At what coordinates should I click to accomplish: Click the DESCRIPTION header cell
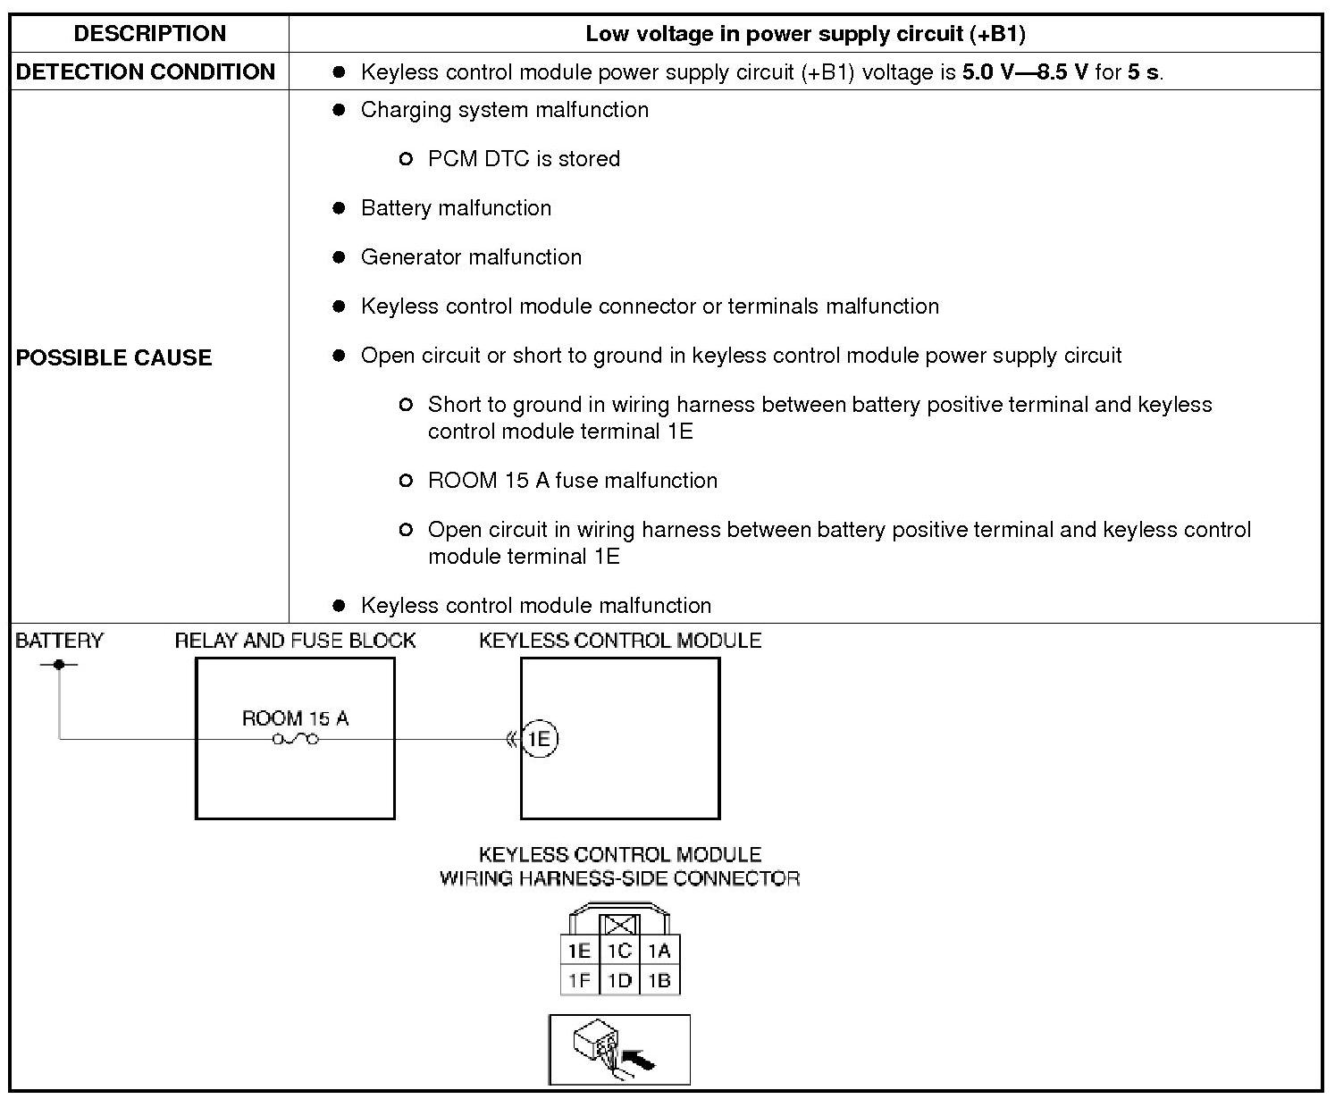click(149, 34)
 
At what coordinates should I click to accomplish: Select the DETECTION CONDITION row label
click(146, 72)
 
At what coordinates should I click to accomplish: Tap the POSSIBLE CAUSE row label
click(114, 357)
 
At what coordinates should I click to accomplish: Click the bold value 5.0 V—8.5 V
click(1025, 72)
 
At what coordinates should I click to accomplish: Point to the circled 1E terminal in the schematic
click(539, 739)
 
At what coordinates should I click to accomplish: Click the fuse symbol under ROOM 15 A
click(295, 739)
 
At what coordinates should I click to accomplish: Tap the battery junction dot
click(59, 664)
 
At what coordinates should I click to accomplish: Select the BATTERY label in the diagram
click(59, 641)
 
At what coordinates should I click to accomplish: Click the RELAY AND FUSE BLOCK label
click(295, 641)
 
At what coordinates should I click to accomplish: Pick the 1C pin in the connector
click(619, 952)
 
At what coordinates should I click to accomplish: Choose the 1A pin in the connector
click(659, 952)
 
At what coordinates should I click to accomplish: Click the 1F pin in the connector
click(579, 981)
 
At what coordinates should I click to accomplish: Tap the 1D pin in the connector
click(619, 981)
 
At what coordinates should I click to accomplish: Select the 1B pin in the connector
click(659, 981)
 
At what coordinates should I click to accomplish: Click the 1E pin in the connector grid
click(579, 952)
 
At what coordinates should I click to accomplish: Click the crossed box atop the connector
click(619, 926)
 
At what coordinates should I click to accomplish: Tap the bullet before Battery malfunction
click(339, 208)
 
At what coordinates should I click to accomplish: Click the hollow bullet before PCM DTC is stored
click(406, 159)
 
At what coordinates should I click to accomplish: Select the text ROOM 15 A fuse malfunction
click(572, 481)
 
